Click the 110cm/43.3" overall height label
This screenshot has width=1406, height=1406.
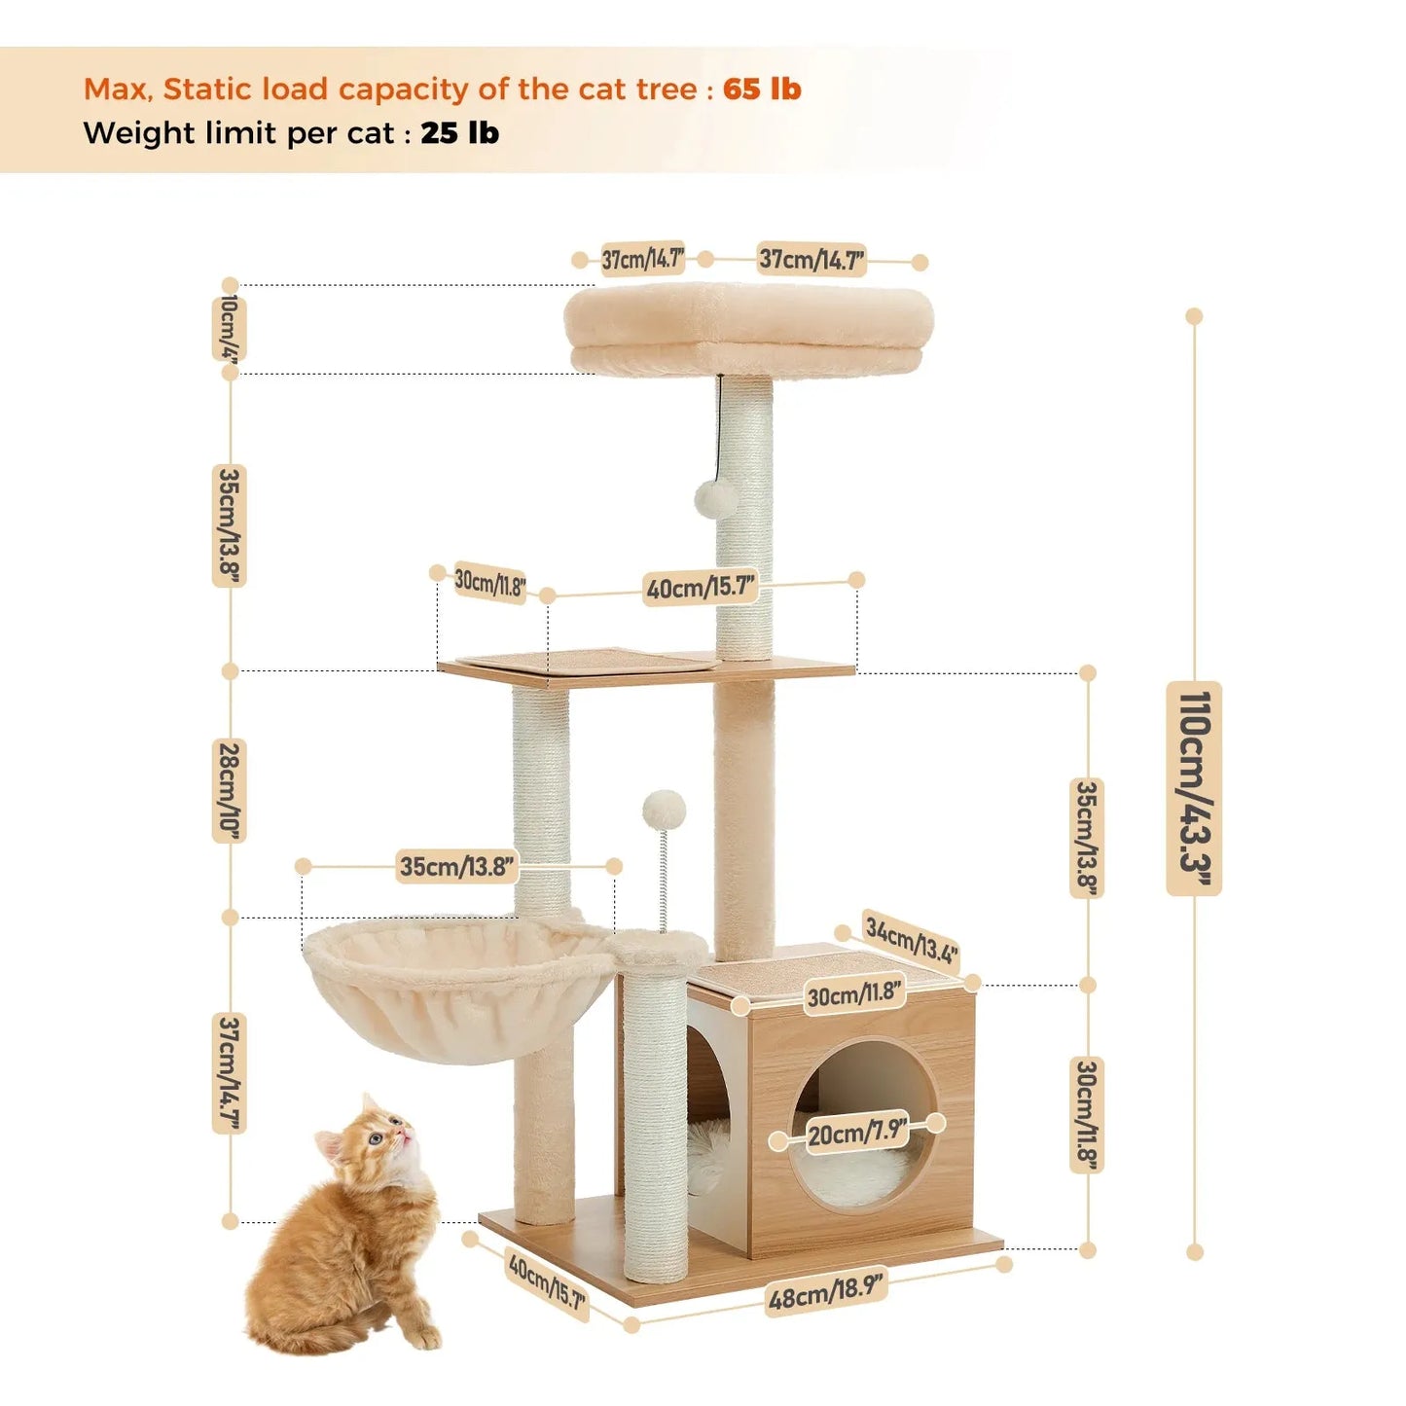1194,788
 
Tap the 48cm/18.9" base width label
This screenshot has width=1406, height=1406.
826,1291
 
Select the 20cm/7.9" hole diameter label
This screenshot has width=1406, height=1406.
856,1132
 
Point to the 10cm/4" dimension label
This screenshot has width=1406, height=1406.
230,329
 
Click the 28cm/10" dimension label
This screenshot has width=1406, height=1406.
230,791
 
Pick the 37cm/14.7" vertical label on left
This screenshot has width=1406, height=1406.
230,1073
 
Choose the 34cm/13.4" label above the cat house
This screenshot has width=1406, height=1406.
912,941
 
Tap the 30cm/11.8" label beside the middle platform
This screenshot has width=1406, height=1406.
489,583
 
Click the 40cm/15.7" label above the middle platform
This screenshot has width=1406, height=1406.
701,588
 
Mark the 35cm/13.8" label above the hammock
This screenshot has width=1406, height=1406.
457,866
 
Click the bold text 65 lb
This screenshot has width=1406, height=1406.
762,90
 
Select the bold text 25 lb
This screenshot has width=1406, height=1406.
459,133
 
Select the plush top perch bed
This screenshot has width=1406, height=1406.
748,326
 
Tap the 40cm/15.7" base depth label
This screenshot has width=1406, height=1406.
547,1282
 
